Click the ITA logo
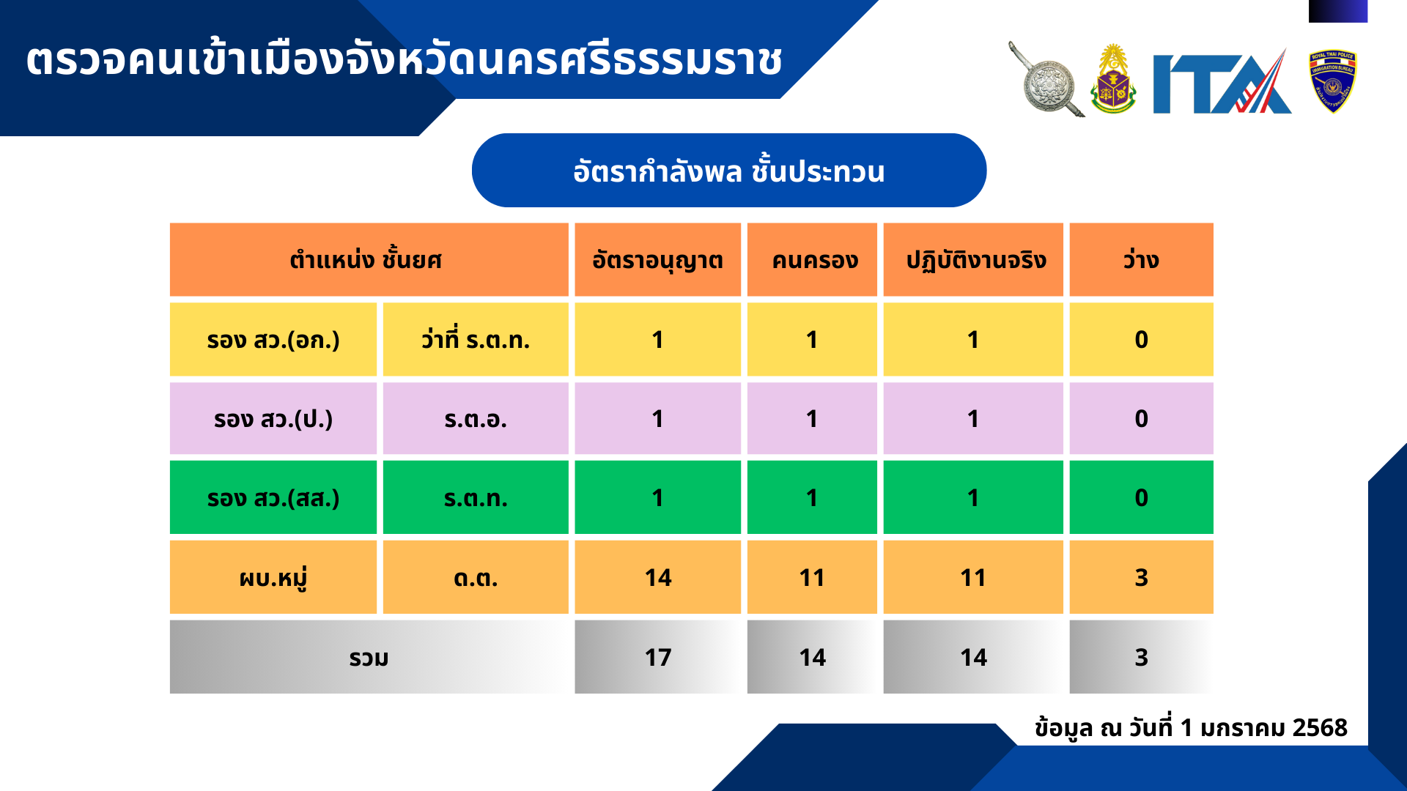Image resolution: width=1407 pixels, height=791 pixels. [1222, 82]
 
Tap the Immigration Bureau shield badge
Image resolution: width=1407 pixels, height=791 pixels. [1332, 81]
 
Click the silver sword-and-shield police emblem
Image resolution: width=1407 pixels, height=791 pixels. [1046, 80]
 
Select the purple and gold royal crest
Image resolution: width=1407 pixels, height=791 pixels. [1113, 79]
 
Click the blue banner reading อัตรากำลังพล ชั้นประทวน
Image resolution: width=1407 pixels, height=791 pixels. [729, 171]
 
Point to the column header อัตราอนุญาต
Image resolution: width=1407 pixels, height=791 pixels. [657, 260]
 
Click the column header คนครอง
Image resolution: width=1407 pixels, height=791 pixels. [812, 260]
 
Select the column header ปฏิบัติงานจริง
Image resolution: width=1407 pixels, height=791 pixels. [973, 260]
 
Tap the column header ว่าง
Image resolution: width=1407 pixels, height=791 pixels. [1141, 260]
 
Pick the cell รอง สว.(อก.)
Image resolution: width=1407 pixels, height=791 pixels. [273, 340]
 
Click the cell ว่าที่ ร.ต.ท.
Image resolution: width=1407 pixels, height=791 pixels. [476, 340]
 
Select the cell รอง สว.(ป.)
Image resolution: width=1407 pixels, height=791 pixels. [273, 419]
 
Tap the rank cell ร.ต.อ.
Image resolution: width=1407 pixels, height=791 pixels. [476, 419]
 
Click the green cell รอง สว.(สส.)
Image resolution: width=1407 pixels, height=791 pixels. [273, 498]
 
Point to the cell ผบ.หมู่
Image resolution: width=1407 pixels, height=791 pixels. [273, 577]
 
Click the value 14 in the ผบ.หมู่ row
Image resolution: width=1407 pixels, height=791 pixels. [658, 578]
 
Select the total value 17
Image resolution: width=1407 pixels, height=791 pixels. [658, 658]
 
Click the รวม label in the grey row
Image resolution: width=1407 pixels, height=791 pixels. [369, 658]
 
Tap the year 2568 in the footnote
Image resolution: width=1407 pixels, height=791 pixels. [1320, 727]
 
